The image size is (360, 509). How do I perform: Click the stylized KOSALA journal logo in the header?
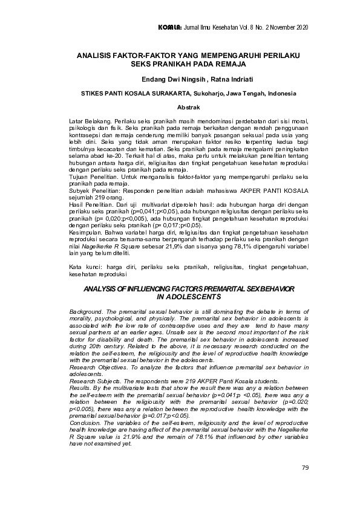click(x=168, y=28)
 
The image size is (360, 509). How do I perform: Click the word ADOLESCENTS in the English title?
click(x=191, y=297)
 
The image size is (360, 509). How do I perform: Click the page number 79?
click(x=304, y=468)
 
